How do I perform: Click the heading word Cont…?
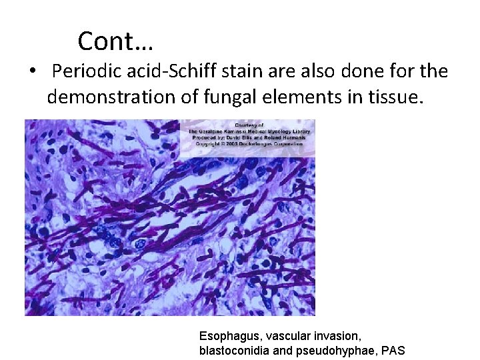[115, 41]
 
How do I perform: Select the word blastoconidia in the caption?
[231, 351]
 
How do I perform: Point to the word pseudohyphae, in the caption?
[332, 351]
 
